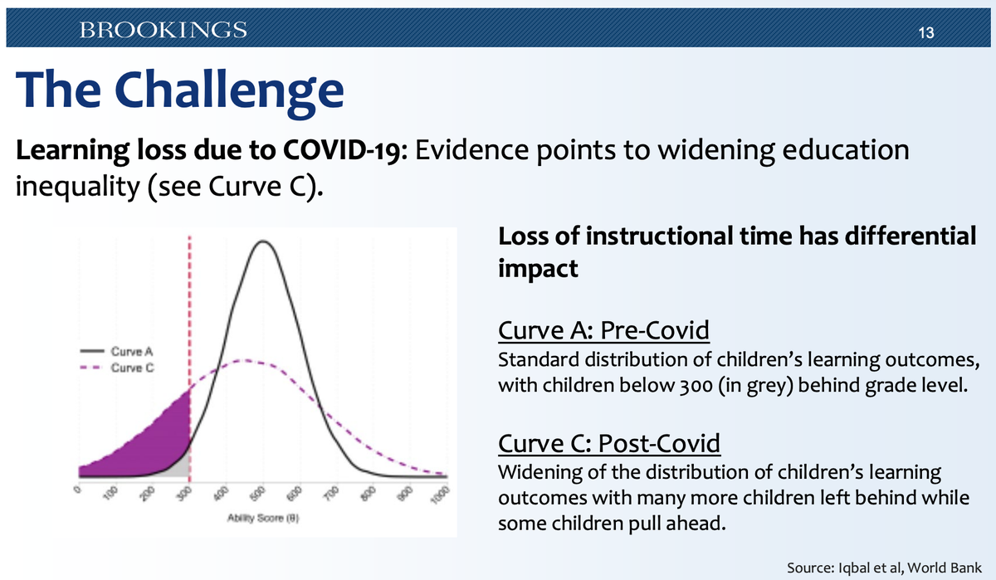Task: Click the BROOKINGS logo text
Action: click(163, 31)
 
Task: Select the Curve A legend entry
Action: click(124, 352)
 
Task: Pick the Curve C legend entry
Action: click(124, 367)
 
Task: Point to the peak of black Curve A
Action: click(263, 241)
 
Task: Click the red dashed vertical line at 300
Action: click(190, 332)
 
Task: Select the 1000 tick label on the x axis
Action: click(442, 495)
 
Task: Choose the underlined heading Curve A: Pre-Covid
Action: click(603, 331)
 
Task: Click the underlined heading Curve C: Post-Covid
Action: click(608, 442)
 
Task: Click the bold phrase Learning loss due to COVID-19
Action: click(207, 152)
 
